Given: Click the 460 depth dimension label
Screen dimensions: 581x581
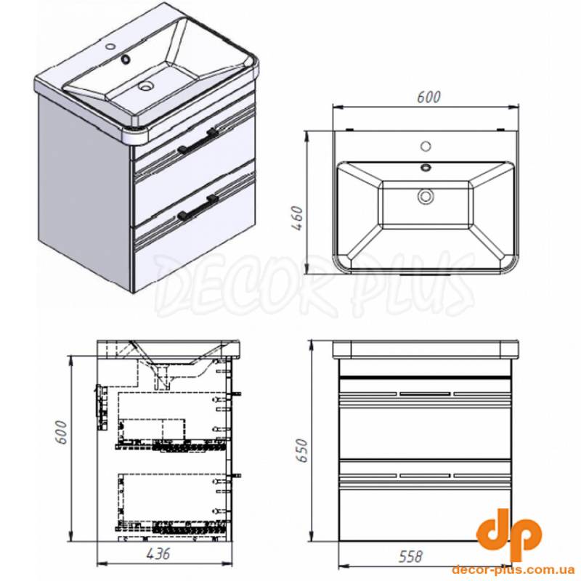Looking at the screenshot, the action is (298, 219).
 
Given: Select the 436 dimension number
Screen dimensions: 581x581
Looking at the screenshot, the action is (158, 553).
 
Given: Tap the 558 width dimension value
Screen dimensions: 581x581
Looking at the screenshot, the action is (410, 556).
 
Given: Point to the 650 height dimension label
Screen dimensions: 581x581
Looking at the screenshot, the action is (302, 450).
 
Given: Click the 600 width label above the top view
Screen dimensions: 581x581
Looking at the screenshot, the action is (428, 97).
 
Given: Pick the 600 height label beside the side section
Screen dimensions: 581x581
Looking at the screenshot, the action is (61, 432).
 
